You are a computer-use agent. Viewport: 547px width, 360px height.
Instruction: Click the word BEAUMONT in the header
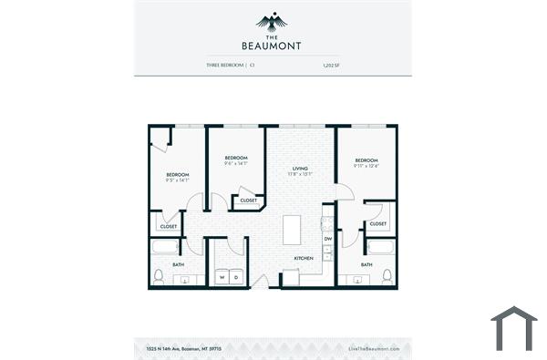273,45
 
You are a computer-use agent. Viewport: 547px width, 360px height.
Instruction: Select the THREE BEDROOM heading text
225,66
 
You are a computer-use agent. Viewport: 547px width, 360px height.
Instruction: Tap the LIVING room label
300,169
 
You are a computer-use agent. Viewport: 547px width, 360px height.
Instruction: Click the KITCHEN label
304,258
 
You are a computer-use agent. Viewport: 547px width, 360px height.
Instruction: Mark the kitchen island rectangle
293,230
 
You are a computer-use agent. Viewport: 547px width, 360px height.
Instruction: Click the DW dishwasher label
327,239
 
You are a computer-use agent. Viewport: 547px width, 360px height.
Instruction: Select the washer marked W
222,276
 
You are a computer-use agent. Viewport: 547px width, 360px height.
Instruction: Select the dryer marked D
236,276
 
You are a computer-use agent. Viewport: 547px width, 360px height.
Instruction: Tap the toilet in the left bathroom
159,275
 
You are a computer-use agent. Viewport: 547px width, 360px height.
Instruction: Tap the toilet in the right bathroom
387,275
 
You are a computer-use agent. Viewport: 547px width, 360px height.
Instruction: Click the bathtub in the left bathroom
165,247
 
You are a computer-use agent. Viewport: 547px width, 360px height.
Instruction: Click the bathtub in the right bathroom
379,247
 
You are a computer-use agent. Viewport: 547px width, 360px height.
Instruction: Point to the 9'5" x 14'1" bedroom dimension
177,180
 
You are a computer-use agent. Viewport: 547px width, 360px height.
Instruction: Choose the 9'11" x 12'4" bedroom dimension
366,166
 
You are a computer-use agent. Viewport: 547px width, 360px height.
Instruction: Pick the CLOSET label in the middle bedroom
248,200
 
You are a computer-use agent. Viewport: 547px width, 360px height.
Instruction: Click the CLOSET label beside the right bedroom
378,223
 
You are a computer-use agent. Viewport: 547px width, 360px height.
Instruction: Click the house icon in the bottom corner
513,329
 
